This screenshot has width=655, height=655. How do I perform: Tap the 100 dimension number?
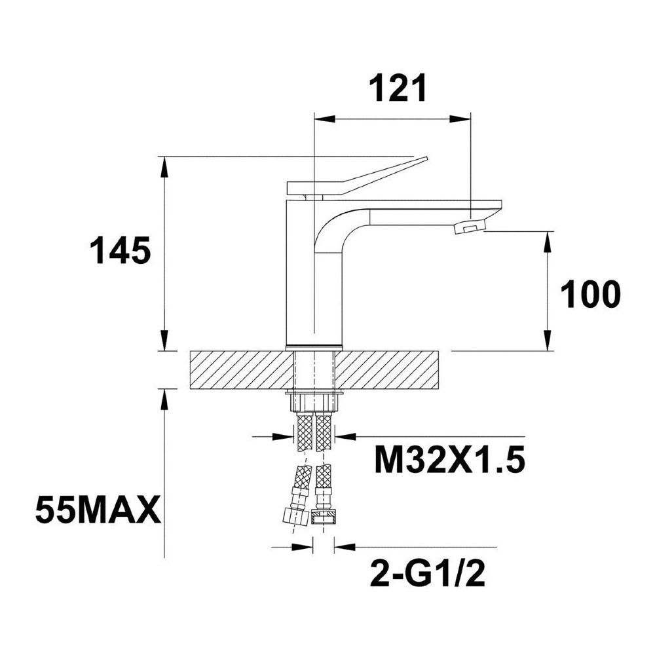589,295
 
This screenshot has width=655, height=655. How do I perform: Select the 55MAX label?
98,510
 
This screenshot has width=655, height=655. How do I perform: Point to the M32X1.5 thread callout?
449,460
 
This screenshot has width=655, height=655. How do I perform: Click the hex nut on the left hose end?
295,515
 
